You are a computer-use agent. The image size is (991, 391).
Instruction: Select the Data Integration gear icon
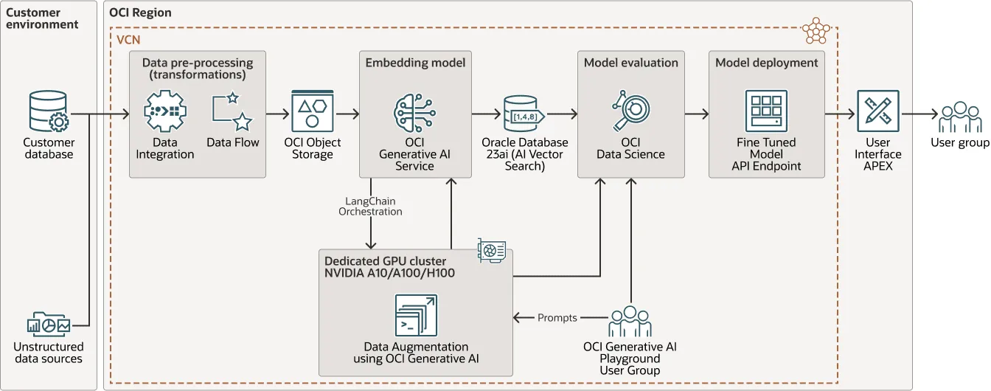tap(164, 112)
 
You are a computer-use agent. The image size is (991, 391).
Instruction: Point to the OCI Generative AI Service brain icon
tap(415, 112)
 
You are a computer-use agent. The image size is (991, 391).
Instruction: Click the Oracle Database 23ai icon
tap(524, 113)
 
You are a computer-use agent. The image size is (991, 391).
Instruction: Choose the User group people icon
tap(960, 117)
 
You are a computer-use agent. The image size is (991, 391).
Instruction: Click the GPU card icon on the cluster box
tap(491, 250)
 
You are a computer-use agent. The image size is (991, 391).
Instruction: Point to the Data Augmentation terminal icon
tap(416, 316)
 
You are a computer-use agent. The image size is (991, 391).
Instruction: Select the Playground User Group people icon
tap(630, 322)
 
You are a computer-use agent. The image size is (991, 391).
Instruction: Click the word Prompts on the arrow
tap(557, 318)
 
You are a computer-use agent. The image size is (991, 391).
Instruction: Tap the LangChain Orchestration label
tap(370, 206)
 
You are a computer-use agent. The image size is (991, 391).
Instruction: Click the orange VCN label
tap(129, 40)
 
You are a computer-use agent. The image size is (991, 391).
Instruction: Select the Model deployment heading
tap(766, 63)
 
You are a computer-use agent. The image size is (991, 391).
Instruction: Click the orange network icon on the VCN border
tap(816, 31)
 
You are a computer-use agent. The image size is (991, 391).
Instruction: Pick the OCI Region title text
tap(140, 13)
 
